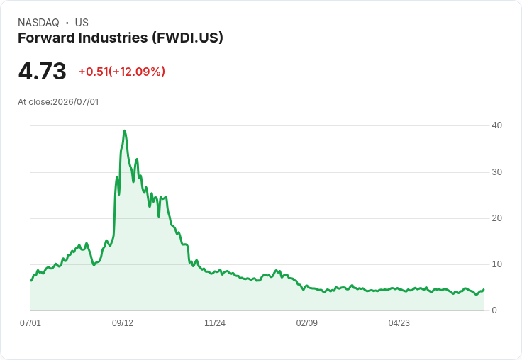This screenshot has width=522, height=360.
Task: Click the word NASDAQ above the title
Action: pyautogui.click(x=38, y=23)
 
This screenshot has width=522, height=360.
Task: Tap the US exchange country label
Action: pyautogui.click(x=82, y=23)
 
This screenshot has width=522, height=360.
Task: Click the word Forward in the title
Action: pyautogui.click(x=46, y=38)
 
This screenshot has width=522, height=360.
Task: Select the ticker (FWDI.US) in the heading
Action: pyautogui.click(x=187, y=38)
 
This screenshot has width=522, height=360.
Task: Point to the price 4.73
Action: pyautogui.click(x=43, y=71)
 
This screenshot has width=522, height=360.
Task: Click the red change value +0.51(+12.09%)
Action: pyautogui.click(x=122, y=72)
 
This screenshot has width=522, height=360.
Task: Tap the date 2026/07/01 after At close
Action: pyautogui.click(x=76, y=102)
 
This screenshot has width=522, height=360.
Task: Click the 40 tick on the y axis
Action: pyautogui.click(x=496, y=125)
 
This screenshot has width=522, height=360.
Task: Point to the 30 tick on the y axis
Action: pyautogui.click(x=496, y=172)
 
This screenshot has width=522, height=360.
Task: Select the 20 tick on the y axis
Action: pyautogui.click(x=496, y=218)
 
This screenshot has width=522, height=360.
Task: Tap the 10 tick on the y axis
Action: pyautogui.click(x=496, y=264)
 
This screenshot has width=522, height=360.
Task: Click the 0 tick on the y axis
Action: pyautogui.click(x=494, y=310)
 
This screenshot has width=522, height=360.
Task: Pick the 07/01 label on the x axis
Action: pyautogui.click(x=30, y=323)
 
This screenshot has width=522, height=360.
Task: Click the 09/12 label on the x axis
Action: pyautogui.click(x=123, y=323)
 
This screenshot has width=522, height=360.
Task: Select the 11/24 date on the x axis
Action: pyautogui.click(x=215, y=323)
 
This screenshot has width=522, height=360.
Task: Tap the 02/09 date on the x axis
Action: pyautogui.click(x=306, y=323)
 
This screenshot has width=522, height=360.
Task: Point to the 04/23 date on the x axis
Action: pyautogui.click(x=399, y=323)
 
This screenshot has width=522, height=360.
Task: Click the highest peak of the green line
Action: pyautogui.click(x=125, y=131)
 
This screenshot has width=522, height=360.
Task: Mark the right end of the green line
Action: pyautogui.click(x=484, y=289)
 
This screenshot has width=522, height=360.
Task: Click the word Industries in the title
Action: pyautogui.click(x=113, y=38)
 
